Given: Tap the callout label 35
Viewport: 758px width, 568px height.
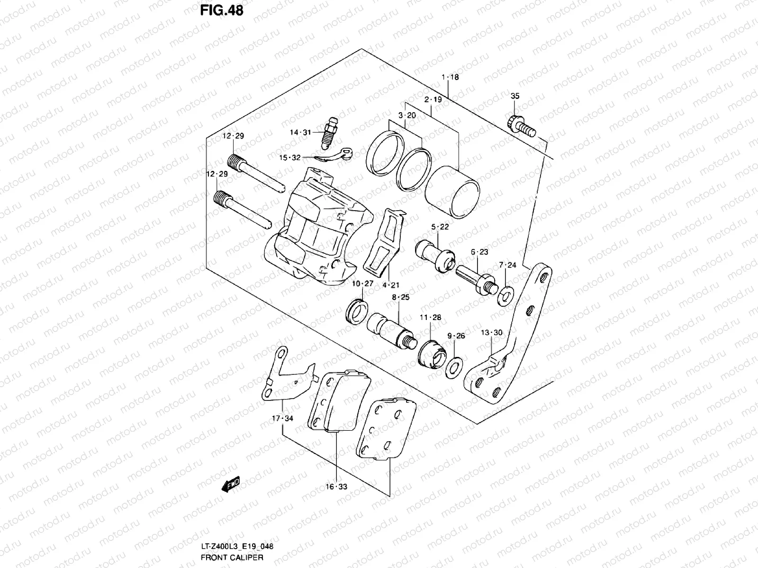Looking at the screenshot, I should click(515, 96).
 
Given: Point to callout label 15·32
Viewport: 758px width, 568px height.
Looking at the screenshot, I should click(290, 157).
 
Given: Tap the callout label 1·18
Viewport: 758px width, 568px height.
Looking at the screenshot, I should click(450, 77).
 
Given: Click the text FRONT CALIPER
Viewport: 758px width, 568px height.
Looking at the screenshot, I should click(232, 557).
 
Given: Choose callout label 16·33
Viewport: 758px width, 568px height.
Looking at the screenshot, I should click(336, 486).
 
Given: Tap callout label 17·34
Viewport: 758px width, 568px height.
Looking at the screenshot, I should click(282, 418).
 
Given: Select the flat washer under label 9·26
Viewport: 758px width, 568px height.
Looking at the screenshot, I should click(453, 367).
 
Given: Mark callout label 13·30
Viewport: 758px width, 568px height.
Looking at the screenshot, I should click(491, 332).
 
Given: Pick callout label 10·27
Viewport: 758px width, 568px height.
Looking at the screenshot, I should click(362, 284).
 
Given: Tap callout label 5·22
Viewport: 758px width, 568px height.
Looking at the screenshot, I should click(440, 227).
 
